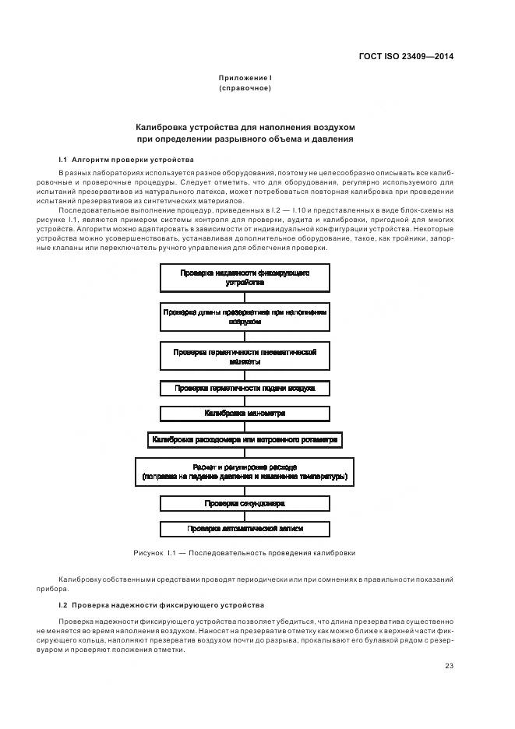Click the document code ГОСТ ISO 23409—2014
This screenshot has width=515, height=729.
coord(406,56)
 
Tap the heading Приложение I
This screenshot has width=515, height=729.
coord(245,78)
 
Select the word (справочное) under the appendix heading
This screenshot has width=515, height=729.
coord(245,88)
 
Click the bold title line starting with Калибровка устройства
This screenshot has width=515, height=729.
coord(245,126)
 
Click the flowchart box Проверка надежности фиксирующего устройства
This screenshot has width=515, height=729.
coord(245,278)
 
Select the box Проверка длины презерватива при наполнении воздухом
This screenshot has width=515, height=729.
coord(245,316)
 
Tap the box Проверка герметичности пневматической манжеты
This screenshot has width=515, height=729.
coord(245,357)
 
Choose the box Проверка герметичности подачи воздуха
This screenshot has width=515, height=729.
coord(245,387)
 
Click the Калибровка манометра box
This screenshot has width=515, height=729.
coord(245,413)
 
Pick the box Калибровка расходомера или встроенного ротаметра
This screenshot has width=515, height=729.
coord(245,439)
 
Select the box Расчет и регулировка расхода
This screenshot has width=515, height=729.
coord(245,471)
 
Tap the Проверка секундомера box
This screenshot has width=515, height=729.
coord(245,503)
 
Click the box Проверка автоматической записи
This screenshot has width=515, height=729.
coord(245,529)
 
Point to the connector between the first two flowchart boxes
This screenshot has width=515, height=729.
coord(245,297)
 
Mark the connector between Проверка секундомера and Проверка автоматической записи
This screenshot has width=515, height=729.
coord(245,516)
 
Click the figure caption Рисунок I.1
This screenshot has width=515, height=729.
coord(245,553)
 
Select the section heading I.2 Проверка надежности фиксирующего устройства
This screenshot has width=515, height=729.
coord(161,605)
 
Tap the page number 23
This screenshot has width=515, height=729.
coord(450,665)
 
